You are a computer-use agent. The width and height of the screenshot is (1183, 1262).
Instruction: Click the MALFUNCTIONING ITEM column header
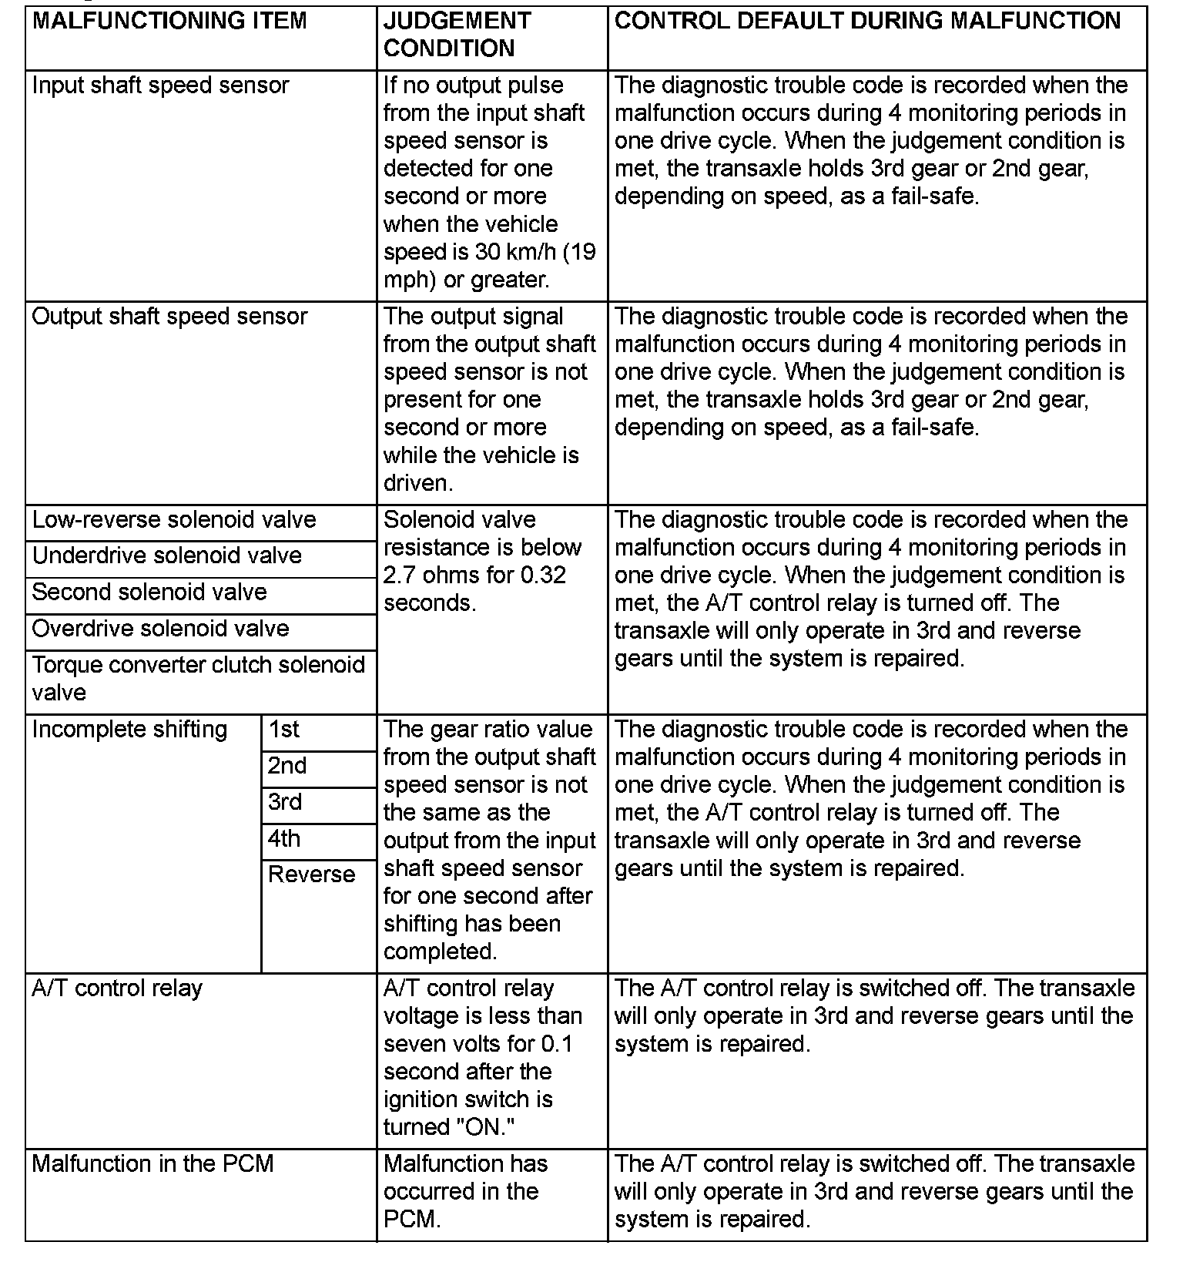click(169, 21)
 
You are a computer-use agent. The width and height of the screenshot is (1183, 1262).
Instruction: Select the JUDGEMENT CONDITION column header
click(457, 35)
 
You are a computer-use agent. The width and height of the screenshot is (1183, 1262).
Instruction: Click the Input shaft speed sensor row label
click(161, 86)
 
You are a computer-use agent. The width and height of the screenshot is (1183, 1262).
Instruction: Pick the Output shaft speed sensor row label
click(169, 317)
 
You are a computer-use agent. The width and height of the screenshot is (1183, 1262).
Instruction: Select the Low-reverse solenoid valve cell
click(174, 520)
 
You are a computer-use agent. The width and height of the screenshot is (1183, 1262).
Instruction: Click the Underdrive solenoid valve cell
click(167, 556)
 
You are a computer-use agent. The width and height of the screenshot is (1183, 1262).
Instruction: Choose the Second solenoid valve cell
click(149, 592)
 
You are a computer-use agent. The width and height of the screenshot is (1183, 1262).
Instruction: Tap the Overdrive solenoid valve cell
click(161, 629)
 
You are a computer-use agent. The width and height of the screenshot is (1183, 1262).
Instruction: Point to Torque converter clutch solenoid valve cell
click(198, 678)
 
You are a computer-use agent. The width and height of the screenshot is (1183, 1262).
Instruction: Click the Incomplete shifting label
click(129, 730)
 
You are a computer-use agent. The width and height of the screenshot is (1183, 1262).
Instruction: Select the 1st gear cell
click(284, 730)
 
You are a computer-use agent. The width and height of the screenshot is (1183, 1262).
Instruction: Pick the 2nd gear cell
click(287, 766)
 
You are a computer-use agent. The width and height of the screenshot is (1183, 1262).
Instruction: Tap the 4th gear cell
click(284, 838)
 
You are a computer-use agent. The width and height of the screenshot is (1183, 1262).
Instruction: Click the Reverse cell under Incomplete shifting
click(311, 875)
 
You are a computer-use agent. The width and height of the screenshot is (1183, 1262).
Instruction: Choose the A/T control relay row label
click(117, 988)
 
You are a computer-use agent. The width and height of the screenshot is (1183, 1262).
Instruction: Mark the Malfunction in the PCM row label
click(152, 1164)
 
